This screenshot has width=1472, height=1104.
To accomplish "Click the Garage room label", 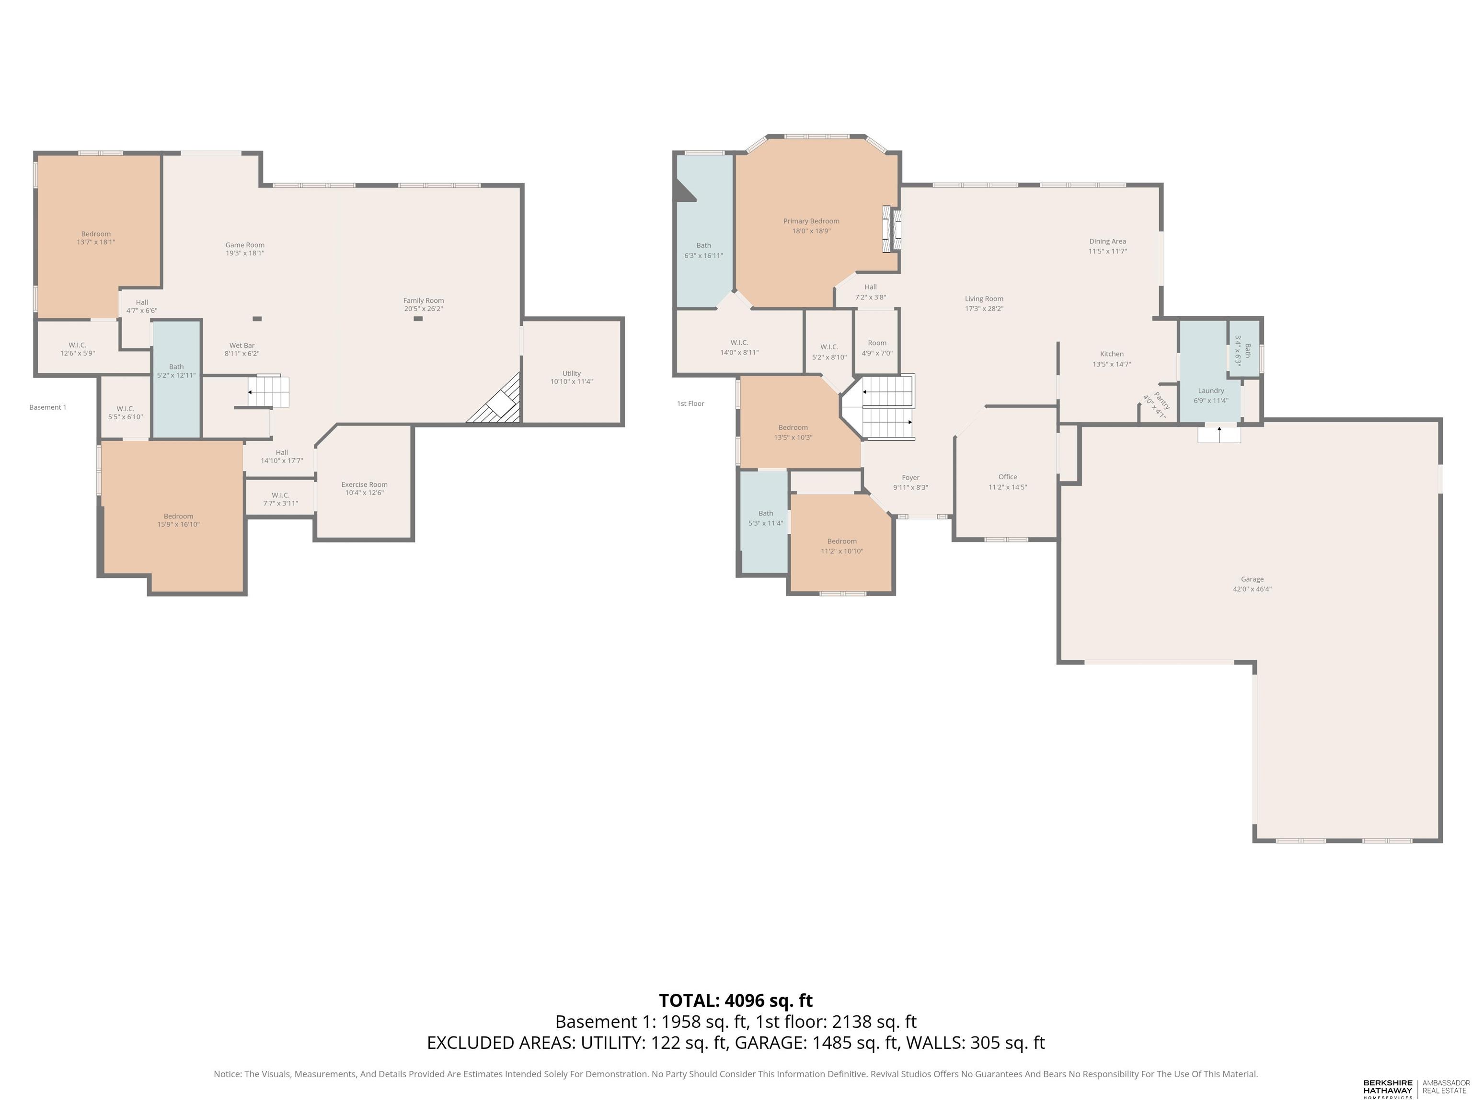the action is point(1252,579).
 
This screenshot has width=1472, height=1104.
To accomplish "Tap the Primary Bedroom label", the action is point(811,221).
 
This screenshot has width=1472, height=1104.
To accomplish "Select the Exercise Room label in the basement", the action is point(364,484).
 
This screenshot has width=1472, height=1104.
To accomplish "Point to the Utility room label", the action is point(571,373).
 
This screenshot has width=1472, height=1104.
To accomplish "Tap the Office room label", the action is point(1008,476).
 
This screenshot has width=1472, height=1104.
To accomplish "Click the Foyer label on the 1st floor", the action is point(910,477).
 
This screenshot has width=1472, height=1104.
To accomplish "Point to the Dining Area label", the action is point(1107,241).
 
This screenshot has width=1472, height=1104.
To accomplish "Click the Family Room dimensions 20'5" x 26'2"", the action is point(423,309).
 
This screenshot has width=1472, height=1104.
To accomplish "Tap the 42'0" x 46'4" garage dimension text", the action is point(1252,589).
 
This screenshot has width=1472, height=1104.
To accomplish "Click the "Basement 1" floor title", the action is point(48,407).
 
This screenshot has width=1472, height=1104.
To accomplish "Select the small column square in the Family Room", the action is point(418,319).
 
